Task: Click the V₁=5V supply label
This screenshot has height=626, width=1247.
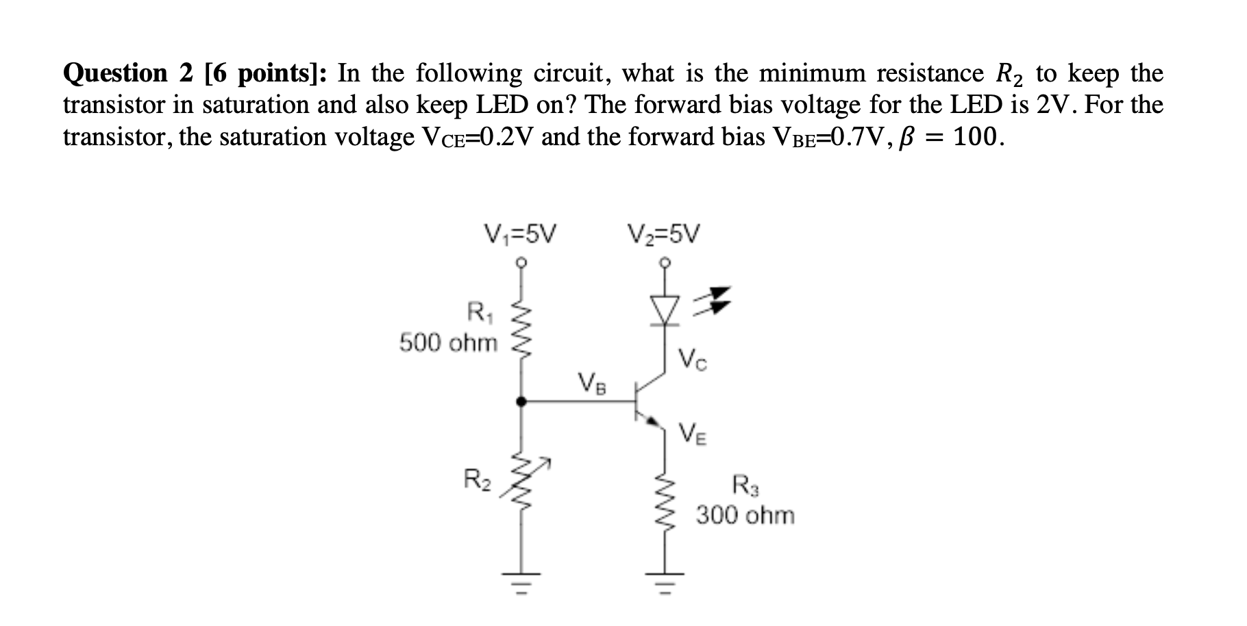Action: click(x=520, y=235)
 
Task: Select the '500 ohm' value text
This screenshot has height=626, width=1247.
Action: click(x=448, y=342)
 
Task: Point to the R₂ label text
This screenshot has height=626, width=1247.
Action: click(x=478, y=478)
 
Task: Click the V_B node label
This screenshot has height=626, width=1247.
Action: click(x=592, y=381)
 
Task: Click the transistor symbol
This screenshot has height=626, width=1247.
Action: click(x=647, y=402)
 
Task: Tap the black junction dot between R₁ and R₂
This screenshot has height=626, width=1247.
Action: click(x=521, y=402)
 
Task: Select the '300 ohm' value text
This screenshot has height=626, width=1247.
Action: click(x=745, y=515)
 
